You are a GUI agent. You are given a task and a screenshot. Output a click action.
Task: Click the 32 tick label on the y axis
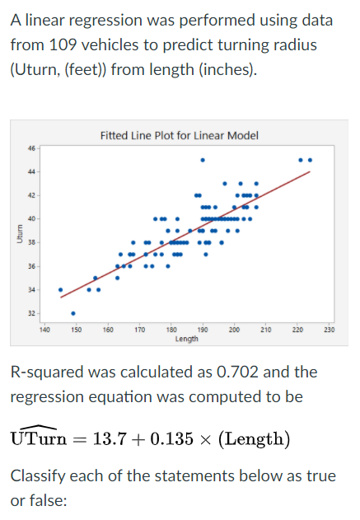(x=32, y=314)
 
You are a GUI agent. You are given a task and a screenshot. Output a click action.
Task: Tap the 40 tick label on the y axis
(x=32, y=218)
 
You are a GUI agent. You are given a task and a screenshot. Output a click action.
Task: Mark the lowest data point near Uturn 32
(x=73, y=313)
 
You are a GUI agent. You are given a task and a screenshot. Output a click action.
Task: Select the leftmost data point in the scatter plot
(x=60, y=289)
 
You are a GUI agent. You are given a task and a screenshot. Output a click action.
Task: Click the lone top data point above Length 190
(x=203, y=159)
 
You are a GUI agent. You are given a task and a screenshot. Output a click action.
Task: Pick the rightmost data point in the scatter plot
(x=310, y=159)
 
